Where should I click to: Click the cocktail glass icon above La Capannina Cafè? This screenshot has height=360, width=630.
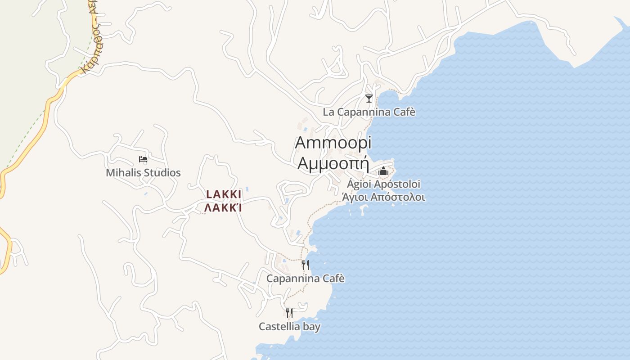pos(369,98)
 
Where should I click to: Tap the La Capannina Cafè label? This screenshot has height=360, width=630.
pos(369,112)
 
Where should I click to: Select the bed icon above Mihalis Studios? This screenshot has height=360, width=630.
pos(143,159)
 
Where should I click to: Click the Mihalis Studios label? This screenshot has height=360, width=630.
pos(143,173)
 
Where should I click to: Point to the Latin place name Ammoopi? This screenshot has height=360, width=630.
pos(333,143)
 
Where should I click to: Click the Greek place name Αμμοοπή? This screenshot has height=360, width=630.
pos(333,162)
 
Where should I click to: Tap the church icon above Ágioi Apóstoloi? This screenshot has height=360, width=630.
pos(383,171)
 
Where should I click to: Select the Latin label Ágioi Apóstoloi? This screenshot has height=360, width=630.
pos(384,184)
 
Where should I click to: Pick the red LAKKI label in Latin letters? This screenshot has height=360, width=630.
pos(224,195)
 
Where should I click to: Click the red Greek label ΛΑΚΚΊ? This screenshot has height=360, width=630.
pos(223,208)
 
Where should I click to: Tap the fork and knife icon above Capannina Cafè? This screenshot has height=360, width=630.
pos(306,265)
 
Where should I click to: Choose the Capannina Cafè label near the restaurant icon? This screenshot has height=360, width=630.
pos(306,279)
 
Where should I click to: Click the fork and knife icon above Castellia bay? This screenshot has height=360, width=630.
pos(289,313)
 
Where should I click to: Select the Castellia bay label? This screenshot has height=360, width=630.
pos(289,327)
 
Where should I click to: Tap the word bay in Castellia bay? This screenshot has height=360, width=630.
pos(311,327)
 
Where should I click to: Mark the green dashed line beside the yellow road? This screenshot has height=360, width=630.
pos(27,135)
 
